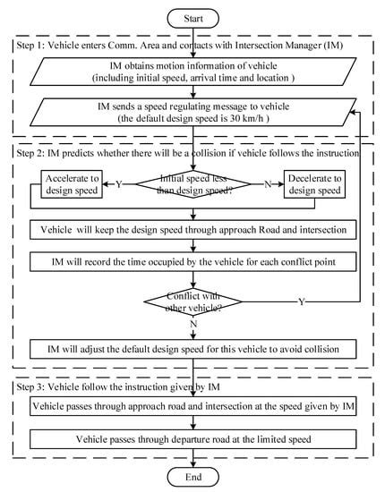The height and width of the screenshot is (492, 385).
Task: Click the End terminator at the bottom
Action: (192, 478)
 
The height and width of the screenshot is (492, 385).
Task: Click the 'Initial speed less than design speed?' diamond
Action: (193, 186)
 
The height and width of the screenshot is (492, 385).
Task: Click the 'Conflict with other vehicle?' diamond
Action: (193, 301)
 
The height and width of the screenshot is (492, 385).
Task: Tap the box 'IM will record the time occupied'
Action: (193, 262)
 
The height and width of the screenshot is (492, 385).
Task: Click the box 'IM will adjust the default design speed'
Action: (193, 345)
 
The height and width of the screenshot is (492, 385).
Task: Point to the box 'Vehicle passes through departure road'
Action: (193, 439)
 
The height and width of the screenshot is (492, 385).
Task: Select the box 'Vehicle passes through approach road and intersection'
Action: (193, 407)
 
